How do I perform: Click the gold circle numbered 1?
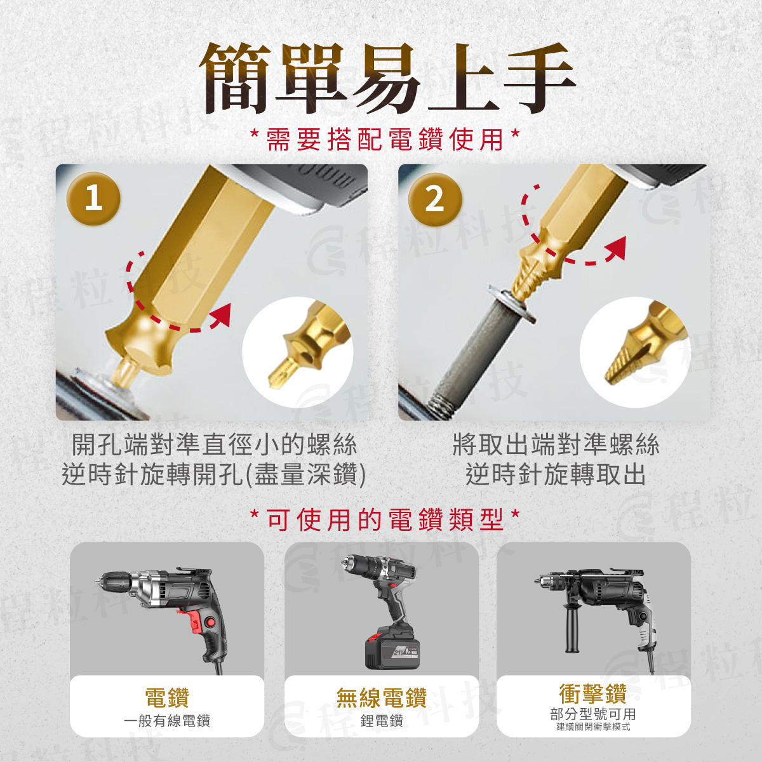93,199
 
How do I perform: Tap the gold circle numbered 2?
434,199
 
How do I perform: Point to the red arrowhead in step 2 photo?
615,248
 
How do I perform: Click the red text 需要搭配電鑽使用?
385,140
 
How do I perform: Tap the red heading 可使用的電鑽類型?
385,519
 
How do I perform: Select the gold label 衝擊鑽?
592,693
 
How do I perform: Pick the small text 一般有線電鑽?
167,721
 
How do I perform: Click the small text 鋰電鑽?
382,721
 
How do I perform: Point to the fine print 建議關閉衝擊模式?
593,727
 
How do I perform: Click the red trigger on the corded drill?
192,620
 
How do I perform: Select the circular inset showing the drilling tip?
297,352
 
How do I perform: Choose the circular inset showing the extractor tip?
635,352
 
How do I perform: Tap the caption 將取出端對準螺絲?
556,444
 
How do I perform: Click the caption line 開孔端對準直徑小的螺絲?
215,444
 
